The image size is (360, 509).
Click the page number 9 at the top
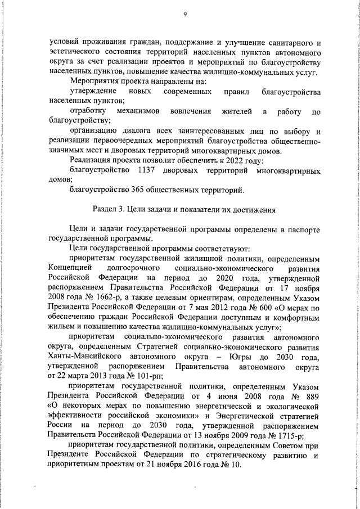tap(184, 15)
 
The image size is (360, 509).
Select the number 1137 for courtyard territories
tap(147, 169)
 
